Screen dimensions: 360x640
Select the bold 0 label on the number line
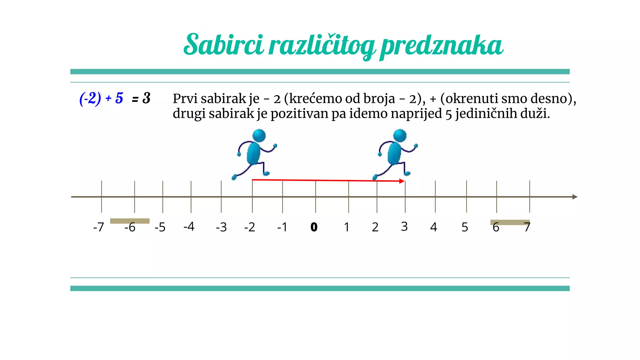pyautogui.click(x=314, y=227)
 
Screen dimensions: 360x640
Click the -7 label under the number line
pyautogui.click(x=98, y=227)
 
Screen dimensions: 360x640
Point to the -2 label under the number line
pyautogui.click(x=250, y=227)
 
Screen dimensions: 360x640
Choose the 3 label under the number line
pyautogui.click(x=404, y=227)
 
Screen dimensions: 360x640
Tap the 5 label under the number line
pyautogui.click(x=465, y=227)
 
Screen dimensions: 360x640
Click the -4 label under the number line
pyautogui.click(x=189, y=227)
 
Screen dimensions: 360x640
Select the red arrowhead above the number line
pyautogui.click(x=402, y=181)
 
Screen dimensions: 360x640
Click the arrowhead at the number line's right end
pyautogui.click(x=575, y=197)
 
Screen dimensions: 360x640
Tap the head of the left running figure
pyautogui.click(x=259, y=136)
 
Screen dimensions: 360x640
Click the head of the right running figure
pyautogui.click(x=400, y=136)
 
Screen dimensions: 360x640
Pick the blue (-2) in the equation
pyautogui.click(x=90, y=98)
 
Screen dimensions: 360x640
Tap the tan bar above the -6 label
pyautogui.click(x=130, y=221)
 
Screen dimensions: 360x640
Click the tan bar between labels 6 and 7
pyautogui.click(x=510, y=222)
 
